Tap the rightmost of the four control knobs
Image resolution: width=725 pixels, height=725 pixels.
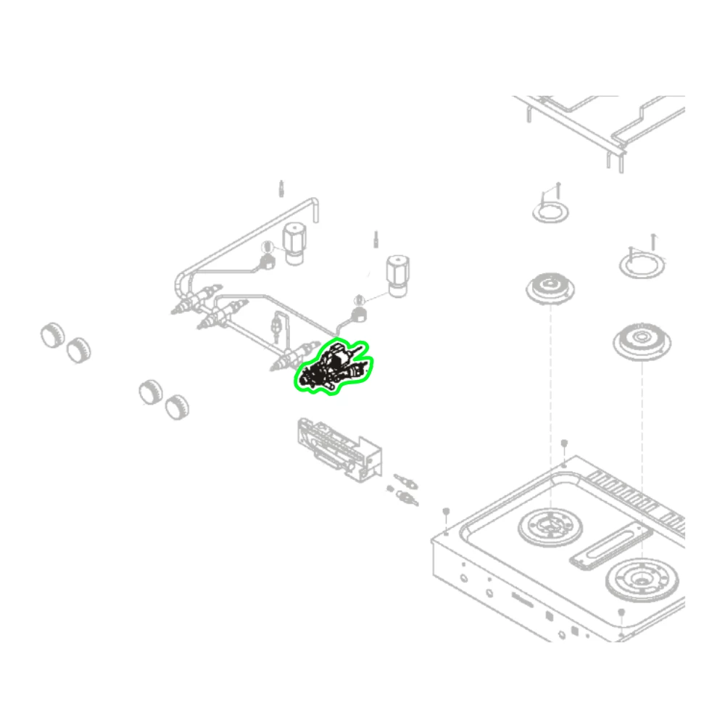[175, 407]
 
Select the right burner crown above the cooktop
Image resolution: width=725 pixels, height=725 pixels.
[641, 341]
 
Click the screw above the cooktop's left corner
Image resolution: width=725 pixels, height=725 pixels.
[446, 511]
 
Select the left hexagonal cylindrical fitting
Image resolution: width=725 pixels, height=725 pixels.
[294, 243]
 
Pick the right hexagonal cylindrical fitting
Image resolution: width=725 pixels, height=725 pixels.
[397, 275]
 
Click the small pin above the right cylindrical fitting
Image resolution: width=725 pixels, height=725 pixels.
[376, 238]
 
